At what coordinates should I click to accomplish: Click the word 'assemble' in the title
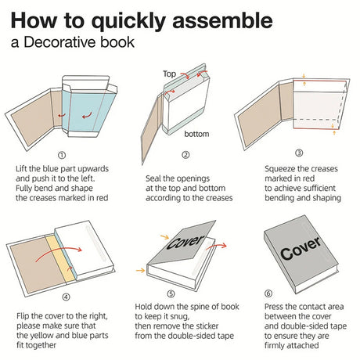pyautogui.click(x=222, y=21)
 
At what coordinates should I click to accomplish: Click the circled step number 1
pyautogui.click(x=62, y=156)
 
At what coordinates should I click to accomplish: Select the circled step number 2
pyautogui.click(x=185, y=155)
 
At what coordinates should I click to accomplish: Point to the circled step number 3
pyautogui.click(x=299, y=153)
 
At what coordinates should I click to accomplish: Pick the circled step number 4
pyautogui.click(x=67, y=297)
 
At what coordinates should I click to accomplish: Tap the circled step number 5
pyautogui.click(x=171, y=294)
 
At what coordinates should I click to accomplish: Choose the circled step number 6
pyautogui.click(x=268, y=293)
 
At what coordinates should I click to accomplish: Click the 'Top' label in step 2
pyautogui.click(x=169, y=74)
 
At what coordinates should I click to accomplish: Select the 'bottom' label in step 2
pyautogui.click(x=196, y=134)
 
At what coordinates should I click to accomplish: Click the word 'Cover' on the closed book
pyautogui.click(x=301, y=248)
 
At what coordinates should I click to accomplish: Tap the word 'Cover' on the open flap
pyautogui.click(x=185, y=242)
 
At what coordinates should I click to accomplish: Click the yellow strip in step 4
pyautogui.click(x=61, y=258)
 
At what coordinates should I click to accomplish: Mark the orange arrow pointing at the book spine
pyautogui.click(x=141, y=270)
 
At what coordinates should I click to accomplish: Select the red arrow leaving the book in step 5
pyautogui.click(x=217, y=246)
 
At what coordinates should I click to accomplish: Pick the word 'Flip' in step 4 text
pyautogui.click(x=23, y=316)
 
